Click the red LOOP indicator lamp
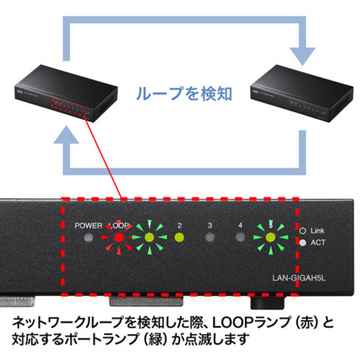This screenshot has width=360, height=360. click(119, 238)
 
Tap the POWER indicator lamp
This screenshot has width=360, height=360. click(89, 238)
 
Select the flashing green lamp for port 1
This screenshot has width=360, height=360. click(149, 238)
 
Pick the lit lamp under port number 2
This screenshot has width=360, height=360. click(179, 238)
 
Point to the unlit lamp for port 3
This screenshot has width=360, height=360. click(210, 238)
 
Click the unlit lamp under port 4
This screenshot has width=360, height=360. click(240, 238)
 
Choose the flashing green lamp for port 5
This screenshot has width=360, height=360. click(271, 238)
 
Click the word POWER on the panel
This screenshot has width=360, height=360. click(89, 225)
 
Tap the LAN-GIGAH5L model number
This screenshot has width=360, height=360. click(299, 278)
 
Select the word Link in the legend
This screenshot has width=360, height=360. click(318, 230)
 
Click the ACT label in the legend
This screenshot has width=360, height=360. click(318, 243)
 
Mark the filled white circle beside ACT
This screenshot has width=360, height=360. click(303, 243)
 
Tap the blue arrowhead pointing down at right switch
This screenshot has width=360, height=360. click(302, 56)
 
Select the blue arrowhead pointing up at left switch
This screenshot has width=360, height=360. click(66, 135)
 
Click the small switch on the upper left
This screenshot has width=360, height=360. click(66, 93)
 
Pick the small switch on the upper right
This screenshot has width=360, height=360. click(302, 93)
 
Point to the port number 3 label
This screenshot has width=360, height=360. click(210, 225)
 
